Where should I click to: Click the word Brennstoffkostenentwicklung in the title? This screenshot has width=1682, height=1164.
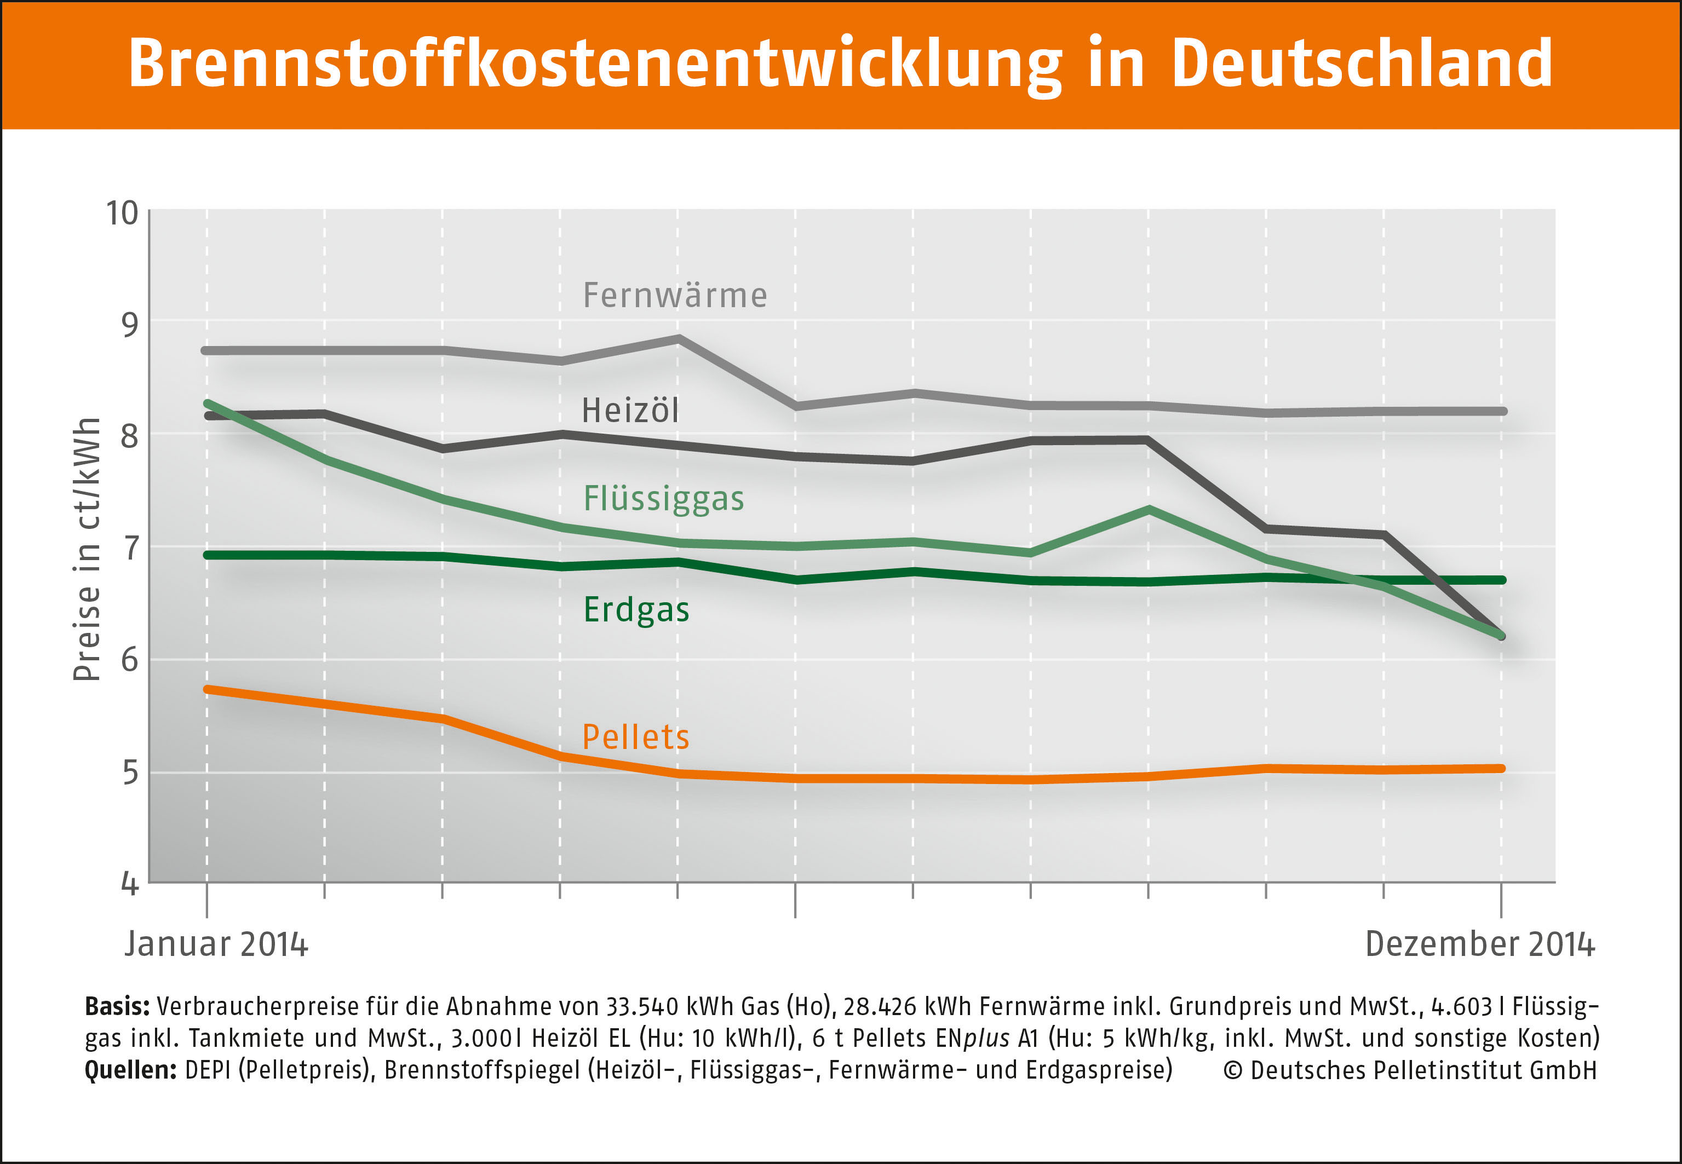594,64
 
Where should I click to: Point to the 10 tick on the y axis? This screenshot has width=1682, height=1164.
123,213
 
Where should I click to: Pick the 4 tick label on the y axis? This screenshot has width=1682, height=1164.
130,884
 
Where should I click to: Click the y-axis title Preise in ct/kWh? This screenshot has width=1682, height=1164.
86,550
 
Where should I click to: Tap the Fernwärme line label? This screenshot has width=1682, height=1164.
675,295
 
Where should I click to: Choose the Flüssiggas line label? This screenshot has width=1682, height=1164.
664,499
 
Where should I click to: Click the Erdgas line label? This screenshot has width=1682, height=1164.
636,610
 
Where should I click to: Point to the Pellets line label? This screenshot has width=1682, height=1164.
635,736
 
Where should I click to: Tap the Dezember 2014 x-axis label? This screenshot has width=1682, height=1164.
1480,944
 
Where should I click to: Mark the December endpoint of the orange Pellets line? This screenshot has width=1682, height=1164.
1500,768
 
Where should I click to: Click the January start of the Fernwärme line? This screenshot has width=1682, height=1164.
206,351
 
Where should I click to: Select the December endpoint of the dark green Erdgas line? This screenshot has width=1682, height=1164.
1500,580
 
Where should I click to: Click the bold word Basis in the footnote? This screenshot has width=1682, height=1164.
117,1006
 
